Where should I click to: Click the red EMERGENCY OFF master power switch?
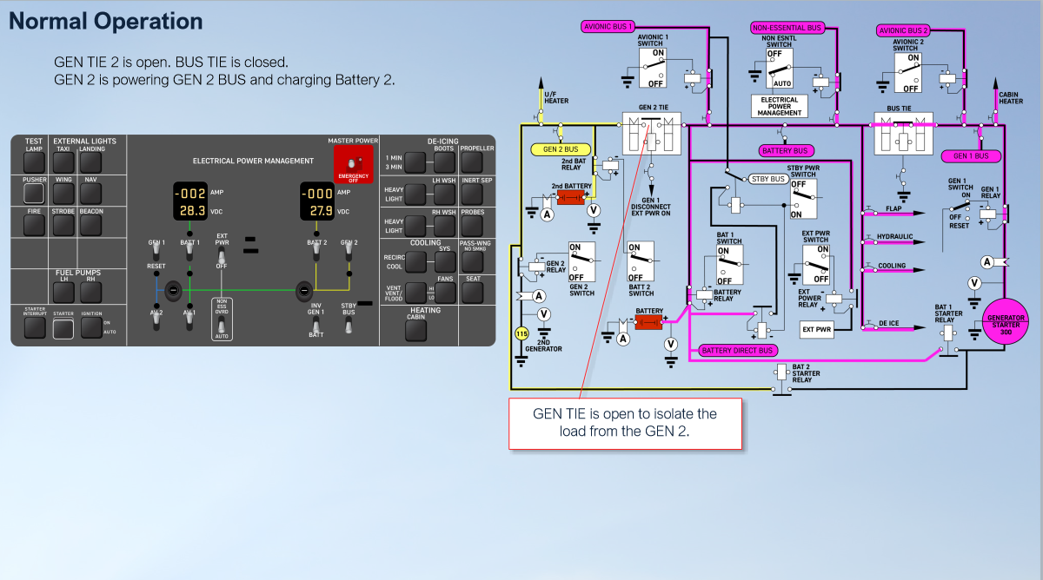point(353,165)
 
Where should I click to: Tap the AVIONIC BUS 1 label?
point(608,27)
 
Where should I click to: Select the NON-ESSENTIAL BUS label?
point(787,28)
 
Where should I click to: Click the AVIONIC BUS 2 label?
point(904,30)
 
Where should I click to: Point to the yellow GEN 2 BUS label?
point(560,149)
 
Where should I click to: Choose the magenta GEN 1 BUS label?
point(970,156)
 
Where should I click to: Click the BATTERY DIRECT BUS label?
point(736,351)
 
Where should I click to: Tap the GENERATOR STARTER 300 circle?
point(1005,323)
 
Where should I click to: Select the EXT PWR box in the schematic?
point(816,330)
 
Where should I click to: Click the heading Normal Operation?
point(105,22)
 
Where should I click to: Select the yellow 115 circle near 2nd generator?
point(521,333)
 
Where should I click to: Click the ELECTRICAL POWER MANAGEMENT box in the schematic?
point(779,106)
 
